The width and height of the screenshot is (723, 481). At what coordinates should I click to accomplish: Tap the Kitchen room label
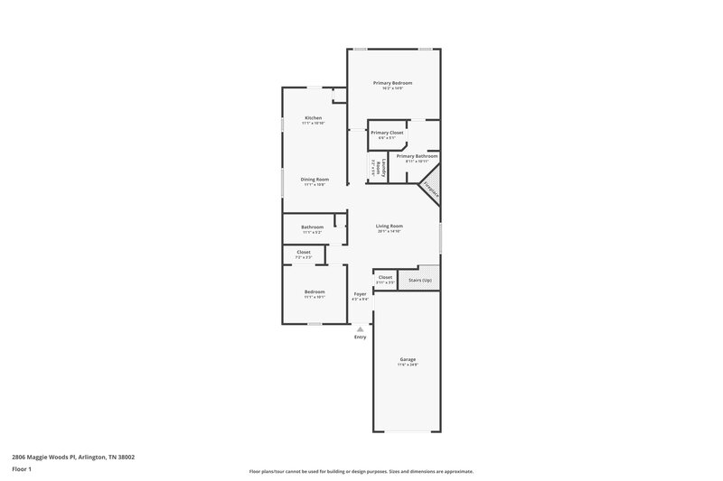click(x=314, y=118)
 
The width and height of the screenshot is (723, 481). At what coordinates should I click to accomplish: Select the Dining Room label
click(x=315, y=180)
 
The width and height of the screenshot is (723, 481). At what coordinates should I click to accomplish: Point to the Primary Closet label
click(x=387, y=133)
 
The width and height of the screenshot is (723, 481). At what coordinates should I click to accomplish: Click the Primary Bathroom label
click(x=417, y=156)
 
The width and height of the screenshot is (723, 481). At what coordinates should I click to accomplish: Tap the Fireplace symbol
click(x=431, y=191)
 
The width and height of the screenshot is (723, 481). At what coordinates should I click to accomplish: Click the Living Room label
click(x=390, y=226)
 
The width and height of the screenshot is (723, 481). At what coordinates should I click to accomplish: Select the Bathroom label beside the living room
click(x=313, y=227)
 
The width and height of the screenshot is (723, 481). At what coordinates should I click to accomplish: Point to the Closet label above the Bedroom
click(x=304, y=252)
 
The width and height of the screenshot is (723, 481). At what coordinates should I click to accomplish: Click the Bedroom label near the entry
click(x=315, y=291)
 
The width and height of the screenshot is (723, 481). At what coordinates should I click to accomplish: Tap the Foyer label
click(x=360, y=294)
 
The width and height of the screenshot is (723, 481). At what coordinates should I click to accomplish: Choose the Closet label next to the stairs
click(x=385, y=277)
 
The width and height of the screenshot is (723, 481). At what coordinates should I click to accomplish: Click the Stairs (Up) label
click(x=420, y=281)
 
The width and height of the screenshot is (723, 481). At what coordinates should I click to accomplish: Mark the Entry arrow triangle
click(x=361, y=329)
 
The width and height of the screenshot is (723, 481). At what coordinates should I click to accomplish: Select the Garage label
click(x=408, y=359)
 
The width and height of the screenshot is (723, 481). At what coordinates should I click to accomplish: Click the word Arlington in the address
click(x=84, y=457)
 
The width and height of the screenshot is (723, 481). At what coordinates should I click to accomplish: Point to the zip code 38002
click(x=124, y=457)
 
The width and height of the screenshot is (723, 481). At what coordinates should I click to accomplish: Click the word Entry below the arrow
click(x=361, y=338)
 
